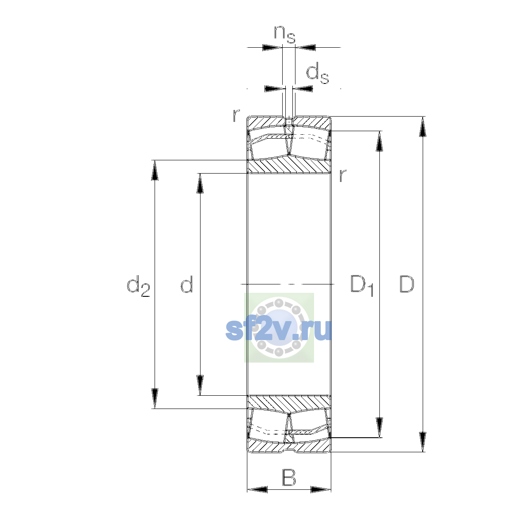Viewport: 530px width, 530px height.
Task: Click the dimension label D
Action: (406, 284)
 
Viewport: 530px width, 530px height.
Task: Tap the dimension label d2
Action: (138, 286)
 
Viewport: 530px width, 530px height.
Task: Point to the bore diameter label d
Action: (187, 284)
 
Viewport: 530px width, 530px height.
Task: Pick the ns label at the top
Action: (284, 34)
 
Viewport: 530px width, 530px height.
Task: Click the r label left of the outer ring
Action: (236, 116)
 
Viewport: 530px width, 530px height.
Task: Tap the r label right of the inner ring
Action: (342, 175)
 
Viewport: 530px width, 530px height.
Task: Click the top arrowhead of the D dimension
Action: (423, 126)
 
